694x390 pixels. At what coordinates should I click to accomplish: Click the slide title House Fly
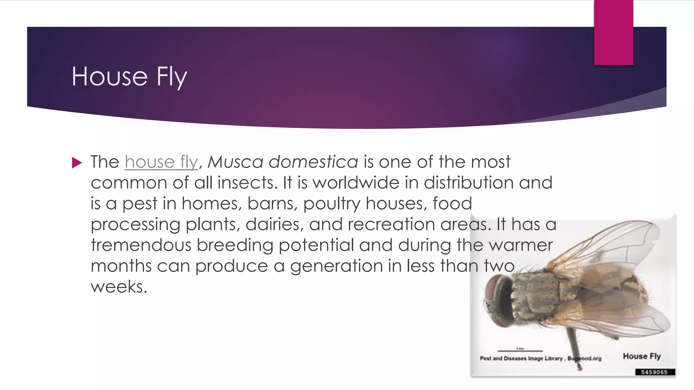click(129, 77)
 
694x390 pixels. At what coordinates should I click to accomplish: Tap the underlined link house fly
click(161, 162)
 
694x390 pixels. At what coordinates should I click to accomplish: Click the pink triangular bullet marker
click(77, 163)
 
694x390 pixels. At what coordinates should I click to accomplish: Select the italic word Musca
click(235, 162)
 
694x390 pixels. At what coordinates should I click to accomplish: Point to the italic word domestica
click(313, 162)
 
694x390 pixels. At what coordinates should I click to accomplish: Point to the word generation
click(336, 266)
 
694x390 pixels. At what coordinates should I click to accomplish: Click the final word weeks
click(119, 287)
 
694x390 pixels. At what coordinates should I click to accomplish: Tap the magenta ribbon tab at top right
click(613, 32)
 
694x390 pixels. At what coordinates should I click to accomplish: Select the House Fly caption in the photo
click(641, 356)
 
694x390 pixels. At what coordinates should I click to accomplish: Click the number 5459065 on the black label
click(654, 372)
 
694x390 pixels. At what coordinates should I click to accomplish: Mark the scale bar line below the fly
click(520, 351)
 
